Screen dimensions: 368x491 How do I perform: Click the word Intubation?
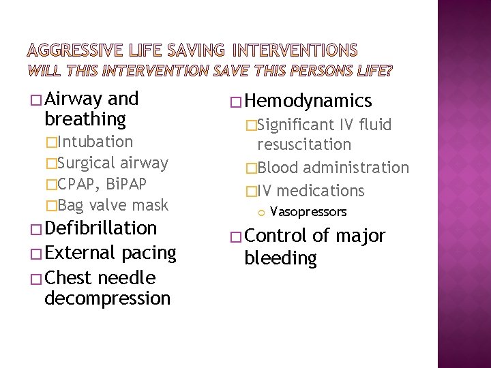(95, 142)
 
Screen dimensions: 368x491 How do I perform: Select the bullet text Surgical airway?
(113, 163)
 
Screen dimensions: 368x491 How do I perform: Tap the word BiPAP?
(123, 184)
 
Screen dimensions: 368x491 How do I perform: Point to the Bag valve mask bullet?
(113, 205)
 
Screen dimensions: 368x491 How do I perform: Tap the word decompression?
(107, 298)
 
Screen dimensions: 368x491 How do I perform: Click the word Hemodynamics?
(308, 102)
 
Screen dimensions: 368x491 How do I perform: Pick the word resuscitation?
(304, 144)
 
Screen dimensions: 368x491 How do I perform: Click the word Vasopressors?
(308, 212)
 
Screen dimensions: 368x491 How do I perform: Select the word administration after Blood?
(356, 168)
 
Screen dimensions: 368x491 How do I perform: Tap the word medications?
(321, 191)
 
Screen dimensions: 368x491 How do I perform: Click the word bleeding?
(280, 258)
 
